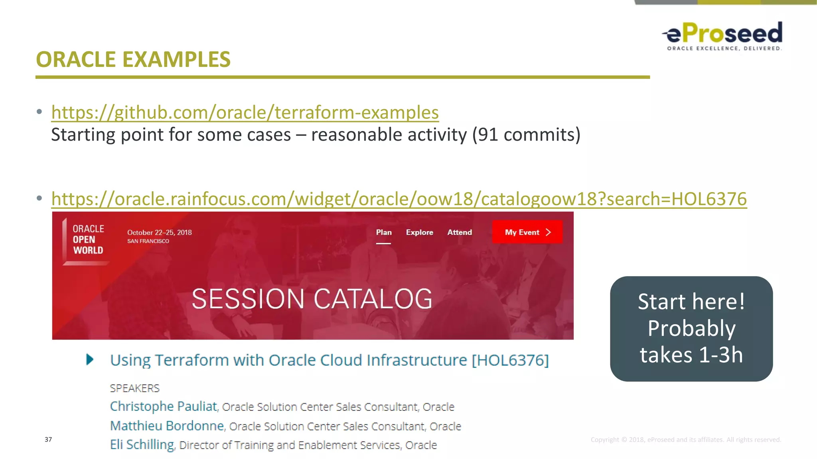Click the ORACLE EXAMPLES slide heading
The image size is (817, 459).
[x=133, y=59]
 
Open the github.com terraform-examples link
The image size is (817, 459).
[x=245, y=112]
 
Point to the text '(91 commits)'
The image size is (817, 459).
[x=526, y=135]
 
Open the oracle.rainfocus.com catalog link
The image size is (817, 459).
[x=399, y=199]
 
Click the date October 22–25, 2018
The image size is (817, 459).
[x=159, y=232]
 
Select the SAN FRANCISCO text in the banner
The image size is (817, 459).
[x=148, y=241]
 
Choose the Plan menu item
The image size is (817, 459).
[x=384, y=232]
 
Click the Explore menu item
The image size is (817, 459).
[x=419, y=232]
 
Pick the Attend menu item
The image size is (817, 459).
[x=459, y=232]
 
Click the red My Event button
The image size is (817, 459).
[x=527, y=232]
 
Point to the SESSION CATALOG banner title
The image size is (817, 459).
[x=312, y=299]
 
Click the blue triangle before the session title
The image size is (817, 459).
[x=90, y=360]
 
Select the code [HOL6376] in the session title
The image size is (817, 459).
[x=510, y=360]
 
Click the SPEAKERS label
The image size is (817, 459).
[x=134, y=388]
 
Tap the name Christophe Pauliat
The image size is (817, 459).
[x=164, y=406]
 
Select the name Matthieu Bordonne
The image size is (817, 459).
[x=167, y=426]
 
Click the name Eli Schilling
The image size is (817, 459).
[x=142, y=445]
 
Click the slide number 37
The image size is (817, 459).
[x=48, y=439]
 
